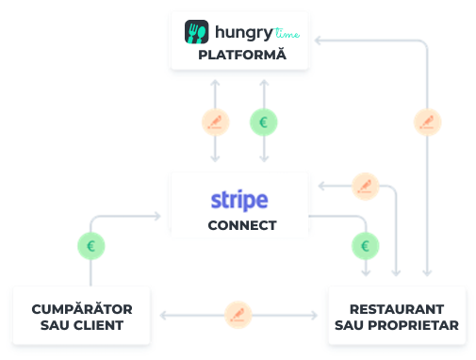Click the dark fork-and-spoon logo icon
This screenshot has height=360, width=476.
(x=196, y=33)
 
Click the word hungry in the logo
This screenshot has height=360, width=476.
(x=239, y=33)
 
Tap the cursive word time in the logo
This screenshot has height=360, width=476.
(x=289, y=34)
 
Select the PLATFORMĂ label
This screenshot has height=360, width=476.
(x=239, y=57)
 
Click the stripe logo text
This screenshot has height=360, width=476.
(x=239, y=200)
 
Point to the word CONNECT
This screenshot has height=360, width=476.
(x=242, y=225)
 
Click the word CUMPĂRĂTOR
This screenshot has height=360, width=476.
(x=82, y=309)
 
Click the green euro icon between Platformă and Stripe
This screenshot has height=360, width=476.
(x=263, y=122)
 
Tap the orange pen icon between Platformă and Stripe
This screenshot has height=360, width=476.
(x=217, y=122)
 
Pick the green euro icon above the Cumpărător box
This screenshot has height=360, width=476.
(x=90, y=247)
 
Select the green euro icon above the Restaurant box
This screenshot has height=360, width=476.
(x=365, y=247)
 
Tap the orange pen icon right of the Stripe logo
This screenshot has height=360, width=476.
(x=365, y=186)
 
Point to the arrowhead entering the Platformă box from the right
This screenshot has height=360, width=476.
(x=318, y=40)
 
